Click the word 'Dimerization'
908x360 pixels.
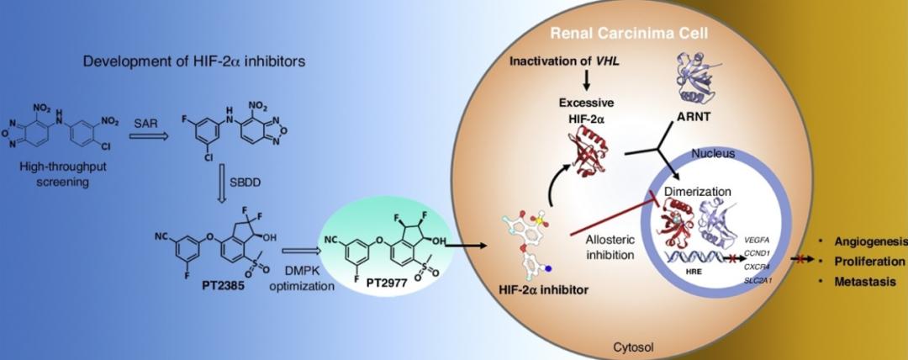point(699,191)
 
